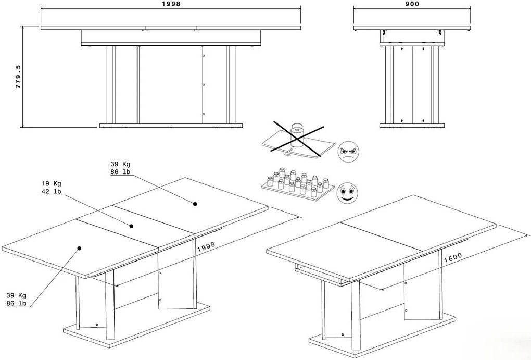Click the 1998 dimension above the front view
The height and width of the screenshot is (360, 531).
(171, 4)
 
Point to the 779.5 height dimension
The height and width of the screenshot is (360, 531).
(18, 77)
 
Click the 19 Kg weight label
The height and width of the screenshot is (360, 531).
(52, 183)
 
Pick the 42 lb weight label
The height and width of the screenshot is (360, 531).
(52, 192)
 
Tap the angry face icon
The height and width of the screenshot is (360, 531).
(349, 152)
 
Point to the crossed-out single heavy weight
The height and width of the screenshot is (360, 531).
(298, 130)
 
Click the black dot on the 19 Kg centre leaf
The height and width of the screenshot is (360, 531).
(131, 226)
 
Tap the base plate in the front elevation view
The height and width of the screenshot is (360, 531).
(171, 125)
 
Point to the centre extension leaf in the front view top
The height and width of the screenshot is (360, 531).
(171, 27)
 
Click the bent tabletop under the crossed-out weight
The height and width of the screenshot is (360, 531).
(297, 146)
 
